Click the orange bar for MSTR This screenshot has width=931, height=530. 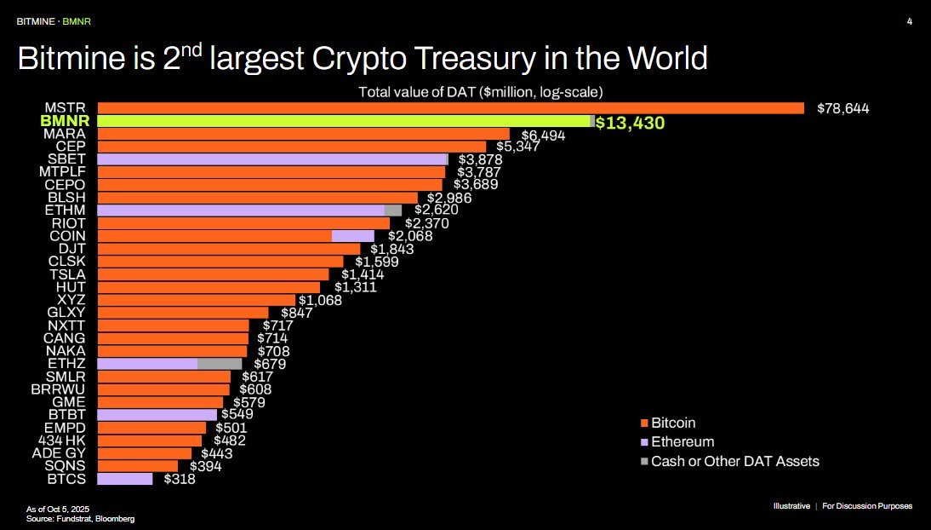pos(451,108)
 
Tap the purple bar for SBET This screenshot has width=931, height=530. pos(271,159)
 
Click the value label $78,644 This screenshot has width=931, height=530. pos(842,108)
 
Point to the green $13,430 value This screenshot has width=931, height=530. pos(630,123)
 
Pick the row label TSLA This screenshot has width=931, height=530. pos(67,274)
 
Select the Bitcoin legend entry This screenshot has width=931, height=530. pos(673,423)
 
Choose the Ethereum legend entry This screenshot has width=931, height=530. pos(682,442)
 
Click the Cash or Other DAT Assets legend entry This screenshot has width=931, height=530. pos(734,461)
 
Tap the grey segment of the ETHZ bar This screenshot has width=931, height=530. pos(219,364)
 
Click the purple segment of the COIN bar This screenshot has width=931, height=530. pos(352,236)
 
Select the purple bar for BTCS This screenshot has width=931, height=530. pos(125,479)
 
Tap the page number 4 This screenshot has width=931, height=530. pos(910,20)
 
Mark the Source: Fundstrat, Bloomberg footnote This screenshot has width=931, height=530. pos(80,518)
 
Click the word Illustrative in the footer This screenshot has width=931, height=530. pos(791,506)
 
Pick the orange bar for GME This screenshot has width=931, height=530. pos(160,402)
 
